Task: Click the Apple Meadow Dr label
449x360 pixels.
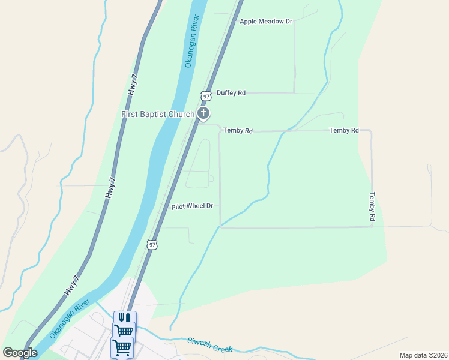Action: tap(265, 22)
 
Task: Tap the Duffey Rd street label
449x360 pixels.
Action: tap(231, 93)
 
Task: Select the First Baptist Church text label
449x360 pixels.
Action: tap(158, 114)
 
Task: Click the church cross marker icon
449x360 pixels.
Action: tap(203, 113)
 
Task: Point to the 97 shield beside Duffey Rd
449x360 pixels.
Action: tap(206, 96)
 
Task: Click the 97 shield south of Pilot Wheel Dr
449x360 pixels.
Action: tap(152, 245)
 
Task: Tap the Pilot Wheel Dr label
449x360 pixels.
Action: tap(192, 206)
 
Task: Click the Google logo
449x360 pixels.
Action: tap(20, 352)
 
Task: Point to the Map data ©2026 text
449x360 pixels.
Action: tap(423, 355)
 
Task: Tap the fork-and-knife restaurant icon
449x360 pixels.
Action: tap(125, 317)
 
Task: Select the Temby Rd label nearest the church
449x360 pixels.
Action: tap(238, 130)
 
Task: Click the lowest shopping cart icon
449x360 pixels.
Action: tap(122, 346)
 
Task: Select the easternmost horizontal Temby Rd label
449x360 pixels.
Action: tap(344, 130)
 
